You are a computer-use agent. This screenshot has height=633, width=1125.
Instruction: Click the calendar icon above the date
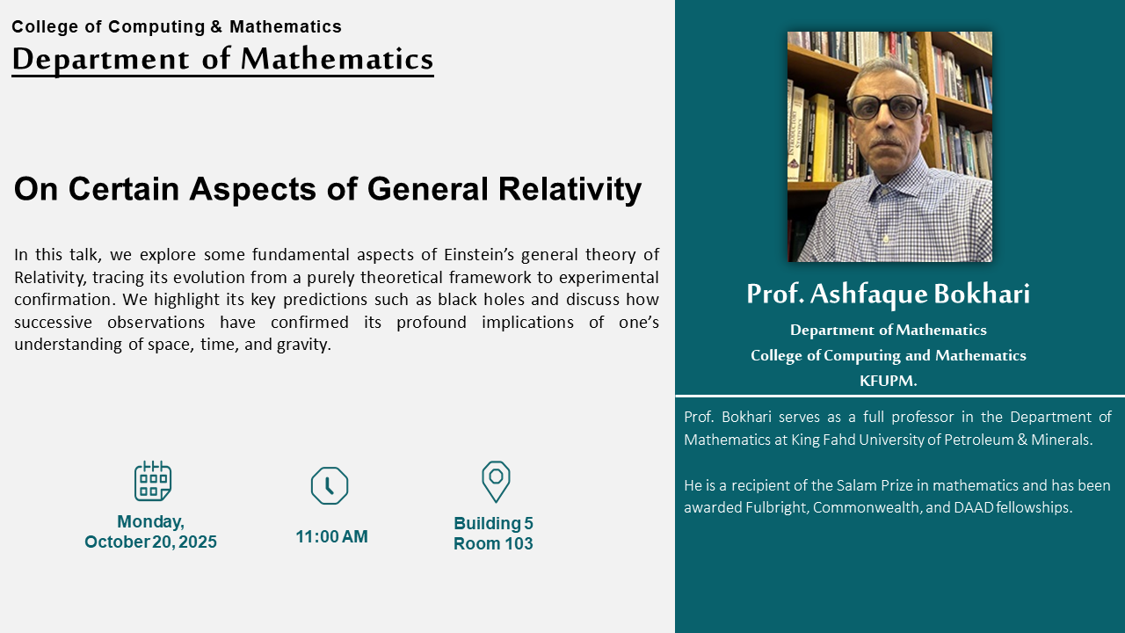(153, 481)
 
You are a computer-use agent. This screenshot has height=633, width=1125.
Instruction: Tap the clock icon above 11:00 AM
(330, 485)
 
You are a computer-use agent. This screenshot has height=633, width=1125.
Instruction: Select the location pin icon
(496, 482)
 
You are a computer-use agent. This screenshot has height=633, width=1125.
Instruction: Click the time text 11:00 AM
(331, 536)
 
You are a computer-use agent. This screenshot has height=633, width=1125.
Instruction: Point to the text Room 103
(493, 543)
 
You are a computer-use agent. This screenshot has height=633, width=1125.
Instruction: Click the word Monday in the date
(150, 522)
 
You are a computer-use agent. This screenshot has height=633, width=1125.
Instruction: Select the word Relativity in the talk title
(570, 189)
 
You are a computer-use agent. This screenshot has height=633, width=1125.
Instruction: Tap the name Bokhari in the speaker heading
(982, 294)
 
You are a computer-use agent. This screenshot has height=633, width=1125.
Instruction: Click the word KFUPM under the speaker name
(888, 381)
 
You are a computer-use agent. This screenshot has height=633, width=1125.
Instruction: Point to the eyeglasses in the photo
(884, 107)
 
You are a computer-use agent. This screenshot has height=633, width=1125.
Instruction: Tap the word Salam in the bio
(853, 485)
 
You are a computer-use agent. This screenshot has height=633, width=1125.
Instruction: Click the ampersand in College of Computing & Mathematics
(216, 26)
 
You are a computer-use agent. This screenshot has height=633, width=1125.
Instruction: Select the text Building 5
(493, 523)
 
